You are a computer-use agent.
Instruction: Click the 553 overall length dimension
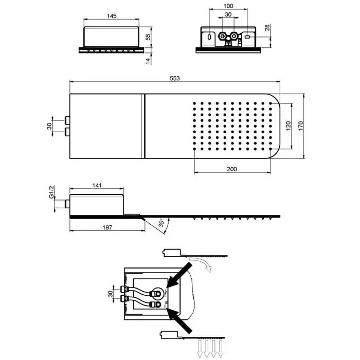[175, 78]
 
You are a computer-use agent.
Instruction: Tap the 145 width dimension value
[112, 16]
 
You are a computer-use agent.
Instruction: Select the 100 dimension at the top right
[228, 6]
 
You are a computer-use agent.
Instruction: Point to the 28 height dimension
[267, 28]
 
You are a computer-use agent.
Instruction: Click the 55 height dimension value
[148, 37]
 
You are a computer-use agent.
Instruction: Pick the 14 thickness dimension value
[148, 61]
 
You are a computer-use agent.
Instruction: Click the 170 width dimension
[301, 126]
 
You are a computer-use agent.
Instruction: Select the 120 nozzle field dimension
[289, 126]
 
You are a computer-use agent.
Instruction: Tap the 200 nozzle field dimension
[232, 169]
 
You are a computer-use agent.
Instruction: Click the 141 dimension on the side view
[97, 185]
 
